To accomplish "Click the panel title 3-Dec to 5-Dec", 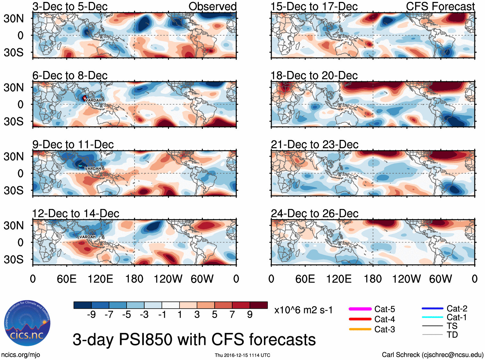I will [x=70, y=6].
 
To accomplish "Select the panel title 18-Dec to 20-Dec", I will [x=314, y=75].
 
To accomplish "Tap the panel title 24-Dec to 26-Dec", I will [x=314, y=214].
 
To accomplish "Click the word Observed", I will [x=212, y=6].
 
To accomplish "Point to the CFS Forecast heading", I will [x=440, y=6].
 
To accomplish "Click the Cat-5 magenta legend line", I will [x=360, y=309].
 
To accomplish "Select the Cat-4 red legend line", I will [x=360, y=319].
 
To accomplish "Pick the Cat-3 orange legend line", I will [x=360, y=329].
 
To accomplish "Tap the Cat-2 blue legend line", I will [x=432, y=309].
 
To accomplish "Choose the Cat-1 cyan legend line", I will [x=432, y=317].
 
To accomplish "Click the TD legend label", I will [x=452, y=335].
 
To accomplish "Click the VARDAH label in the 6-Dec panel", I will [x=93, y=100].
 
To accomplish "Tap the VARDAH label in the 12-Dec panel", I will [x=87, y=237].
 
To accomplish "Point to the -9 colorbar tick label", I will [x=91, y=314].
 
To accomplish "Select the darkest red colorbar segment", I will [x=259, y=305].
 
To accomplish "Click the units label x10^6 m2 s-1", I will [x=303, y=310].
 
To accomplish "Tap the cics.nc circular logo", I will [x=27, y=323].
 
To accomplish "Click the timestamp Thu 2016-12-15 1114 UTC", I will [x=242, y=355].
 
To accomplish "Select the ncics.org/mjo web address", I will [x=21, y=355].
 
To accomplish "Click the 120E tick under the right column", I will [x=339, y=279].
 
